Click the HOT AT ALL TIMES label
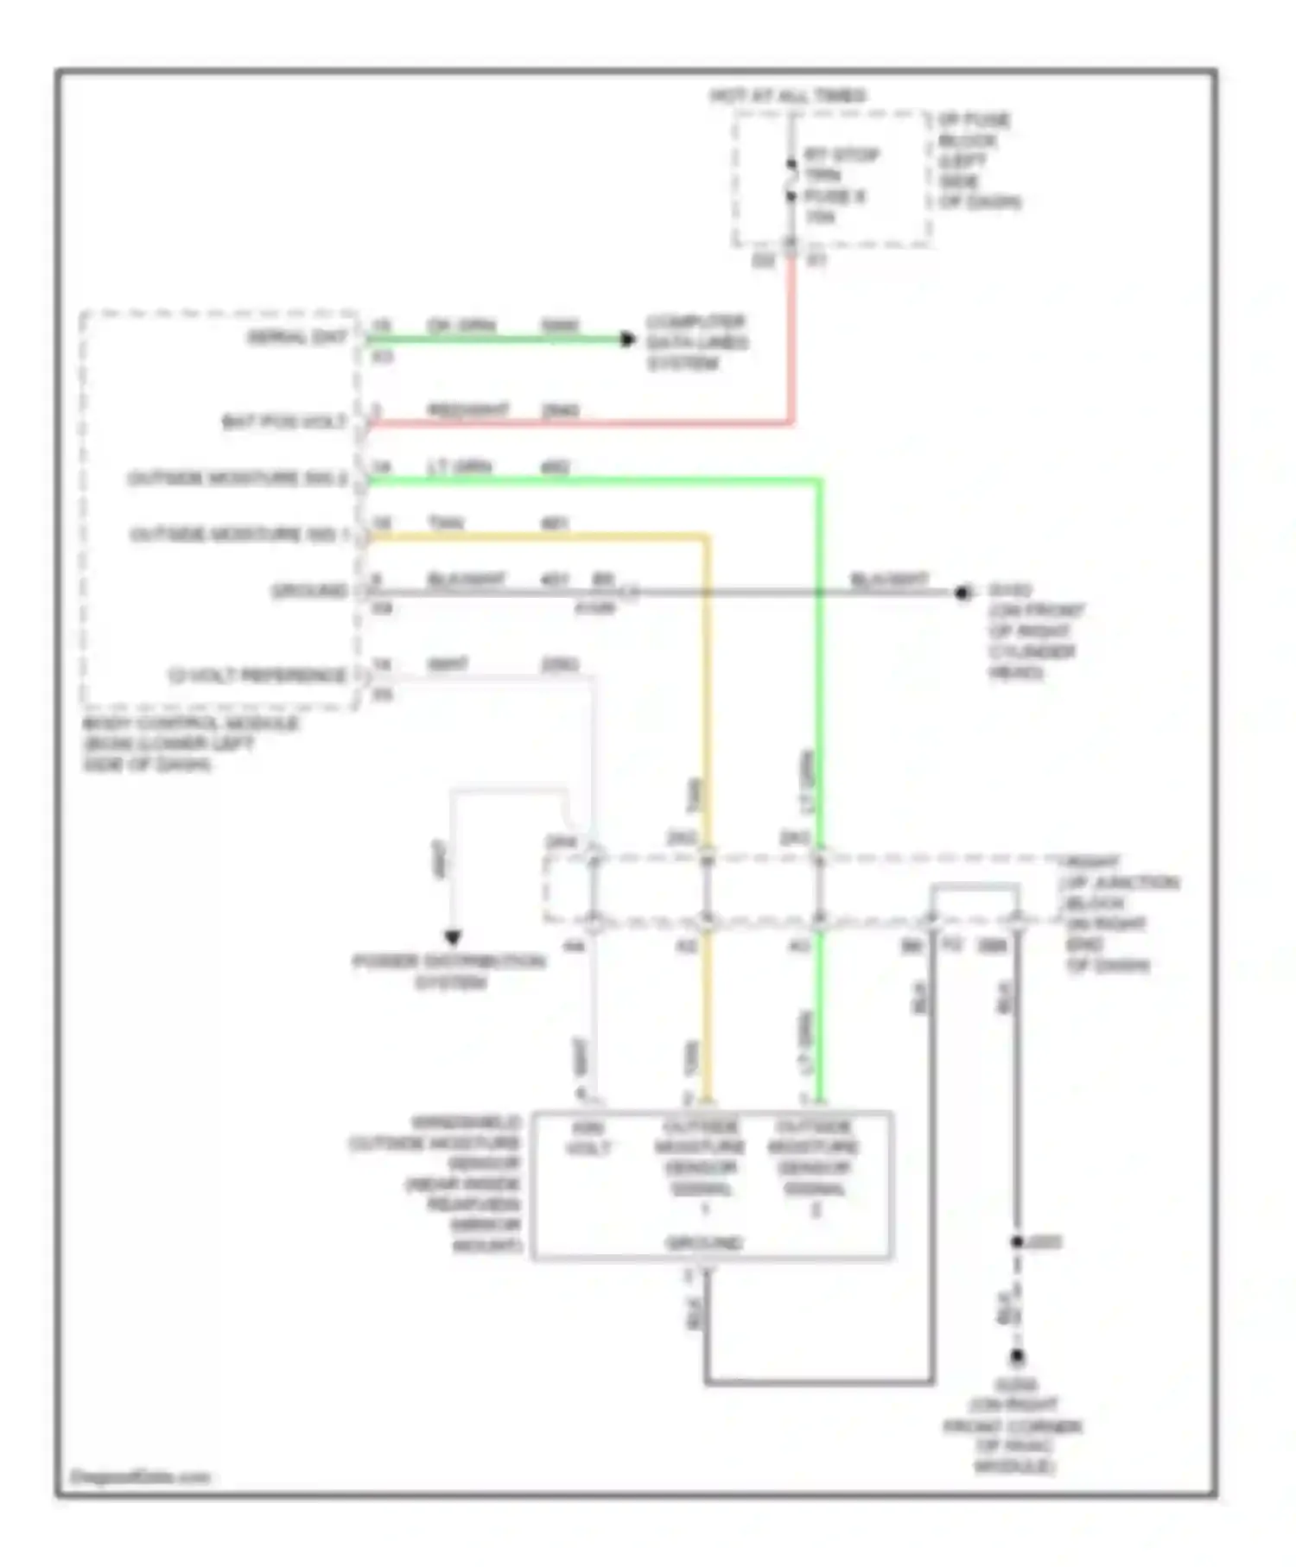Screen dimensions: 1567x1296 pyautogui.click(x=787, y=96)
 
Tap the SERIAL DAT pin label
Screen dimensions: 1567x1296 pyautogui.click(x=297, y=338)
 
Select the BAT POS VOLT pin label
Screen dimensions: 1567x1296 pyautogui.click(x=284, y=422)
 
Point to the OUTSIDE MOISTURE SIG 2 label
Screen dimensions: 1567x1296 pyautogui.click(x=238, y=478)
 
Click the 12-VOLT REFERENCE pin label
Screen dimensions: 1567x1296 pyautogui.click(x=257, y=675)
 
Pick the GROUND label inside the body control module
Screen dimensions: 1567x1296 pyautogui.click(x=309, y=591)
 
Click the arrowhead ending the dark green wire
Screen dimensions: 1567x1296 pyautogui.click(x=628, y=339)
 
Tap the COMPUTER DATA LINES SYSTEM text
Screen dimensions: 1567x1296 pyautogui.click(x=697, y=343)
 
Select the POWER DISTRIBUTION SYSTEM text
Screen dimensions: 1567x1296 pyautogui.click(x=449, y=972)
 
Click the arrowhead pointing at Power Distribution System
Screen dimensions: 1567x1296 pyautogui.click(x=452, y=937)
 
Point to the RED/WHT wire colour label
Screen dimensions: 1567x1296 pyautogui.click(x=467, y=409)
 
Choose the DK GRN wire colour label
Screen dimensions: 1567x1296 pyautogui.click(x=461, y=326)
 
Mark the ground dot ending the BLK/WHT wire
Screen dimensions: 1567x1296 pyautogui.click(x=962, y=593)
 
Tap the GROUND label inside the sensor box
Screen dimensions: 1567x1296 pyautogui.click(x=704, y=1243)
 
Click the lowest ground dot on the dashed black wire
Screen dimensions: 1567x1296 pyautogui.click(x=1018, y=1357)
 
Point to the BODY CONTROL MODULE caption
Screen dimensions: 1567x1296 pyautogui.click(x=190, y=744)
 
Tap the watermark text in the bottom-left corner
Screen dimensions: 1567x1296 pyautogui.click(x=139, y=1477)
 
